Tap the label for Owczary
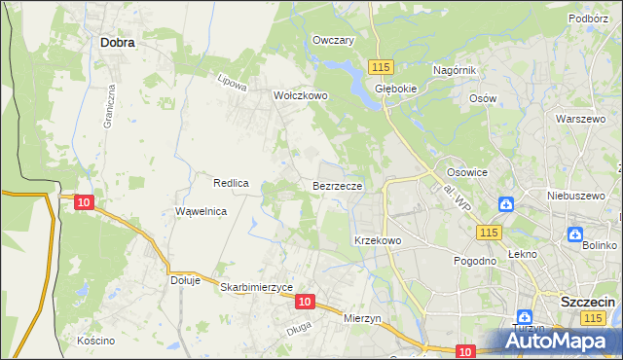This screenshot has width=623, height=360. coord(332,40)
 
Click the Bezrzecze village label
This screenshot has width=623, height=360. coord(338,185)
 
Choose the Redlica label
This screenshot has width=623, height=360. coord(233,183)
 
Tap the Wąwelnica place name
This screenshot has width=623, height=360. coord(201,211)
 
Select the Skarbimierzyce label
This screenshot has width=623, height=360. coord(257,287)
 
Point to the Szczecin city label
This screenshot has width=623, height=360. coord(587,302)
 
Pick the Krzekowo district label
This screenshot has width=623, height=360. coord(378,239)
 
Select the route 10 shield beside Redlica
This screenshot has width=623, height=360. coord(84,202)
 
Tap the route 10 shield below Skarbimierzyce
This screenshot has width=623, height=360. coord(305,303)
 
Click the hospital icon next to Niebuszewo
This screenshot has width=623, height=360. coord(506,204)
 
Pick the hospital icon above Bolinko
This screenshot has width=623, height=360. coord(575,234)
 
